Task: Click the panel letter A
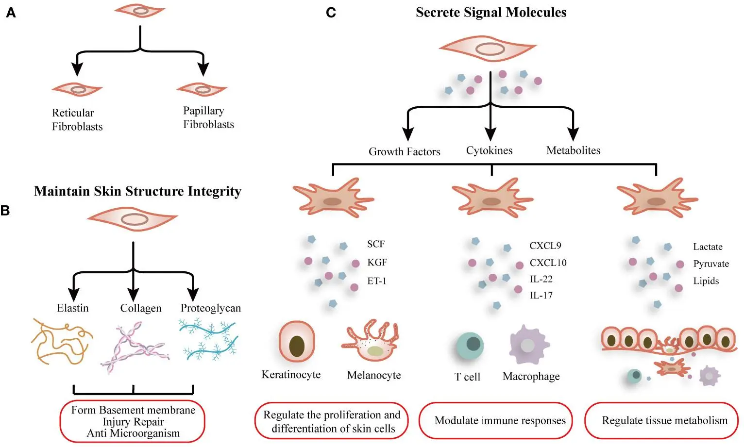click(x=11, y=13)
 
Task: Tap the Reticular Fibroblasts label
click(x=77, y=119)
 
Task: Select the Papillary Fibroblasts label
click(x=208, y=117)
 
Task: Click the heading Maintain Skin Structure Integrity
click(x=137, y=191)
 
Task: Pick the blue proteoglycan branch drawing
click(x=208, y=338)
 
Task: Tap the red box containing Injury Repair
click(x=133, y=421)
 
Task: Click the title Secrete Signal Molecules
click(x=490, y=13)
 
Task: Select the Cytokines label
click(x=489, y=150)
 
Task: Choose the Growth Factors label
click(x=404, y=151)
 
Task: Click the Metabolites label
click(x=573, y=150)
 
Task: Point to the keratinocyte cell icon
click(x=297, y=342)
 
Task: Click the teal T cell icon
click(x=470, y=347)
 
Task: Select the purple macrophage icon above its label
click(x=528, y=344)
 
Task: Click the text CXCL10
click(x=548, y=263)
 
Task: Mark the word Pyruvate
click(x=710, y=264)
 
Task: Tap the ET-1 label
click(x=376, y=281)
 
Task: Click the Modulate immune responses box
click(x=500, y=420)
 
